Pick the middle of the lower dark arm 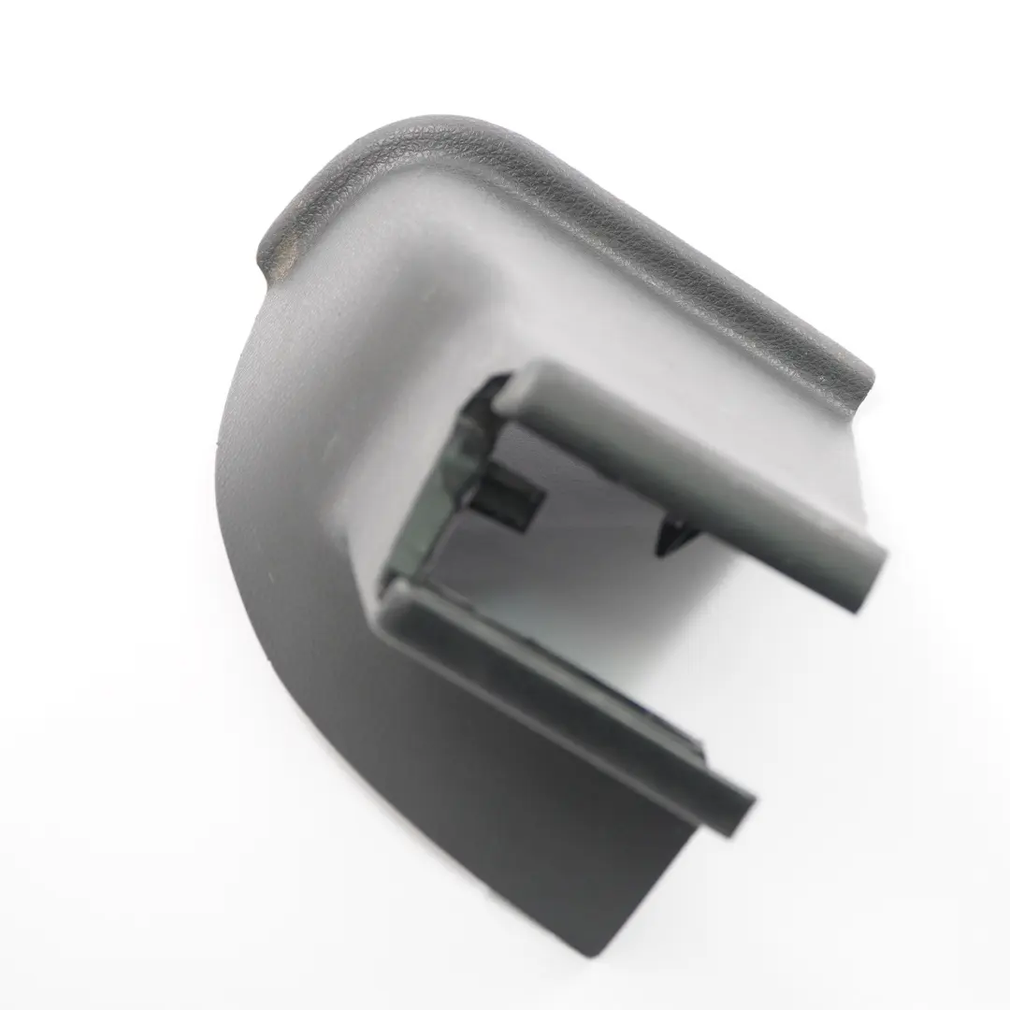point(570,701)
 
